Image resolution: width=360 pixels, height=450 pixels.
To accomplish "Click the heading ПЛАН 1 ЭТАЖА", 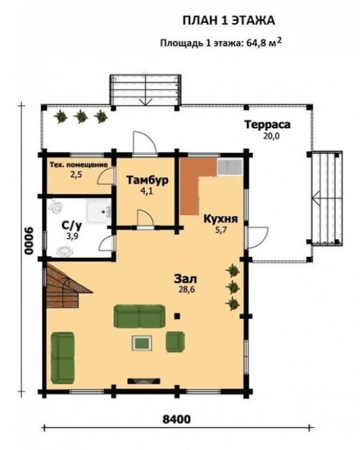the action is point(229,21).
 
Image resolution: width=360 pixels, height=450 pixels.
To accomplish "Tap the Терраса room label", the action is point(267,125).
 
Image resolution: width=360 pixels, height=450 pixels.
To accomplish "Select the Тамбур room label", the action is point(148,181).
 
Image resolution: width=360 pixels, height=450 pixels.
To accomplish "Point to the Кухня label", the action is point(221,219).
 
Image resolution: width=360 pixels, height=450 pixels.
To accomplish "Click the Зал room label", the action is point(186,279).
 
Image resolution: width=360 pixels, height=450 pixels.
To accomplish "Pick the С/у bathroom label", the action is point(72,226).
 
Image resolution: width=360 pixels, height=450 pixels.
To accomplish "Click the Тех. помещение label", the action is point(78,165).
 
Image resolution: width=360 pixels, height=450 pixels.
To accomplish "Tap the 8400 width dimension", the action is point(176,419).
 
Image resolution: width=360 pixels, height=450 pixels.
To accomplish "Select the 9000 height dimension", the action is point(28,241).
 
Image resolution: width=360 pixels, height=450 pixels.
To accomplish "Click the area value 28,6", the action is point(186,289).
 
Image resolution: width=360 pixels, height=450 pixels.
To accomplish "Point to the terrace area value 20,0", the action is point(271,136).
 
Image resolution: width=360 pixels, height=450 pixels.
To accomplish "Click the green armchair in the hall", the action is point(175,341).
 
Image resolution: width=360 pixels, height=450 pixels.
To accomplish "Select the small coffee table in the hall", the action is point(142,343).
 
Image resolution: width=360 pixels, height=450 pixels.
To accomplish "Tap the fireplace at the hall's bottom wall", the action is point(144,381).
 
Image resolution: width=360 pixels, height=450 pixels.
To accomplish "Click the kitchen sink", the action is point(230,167).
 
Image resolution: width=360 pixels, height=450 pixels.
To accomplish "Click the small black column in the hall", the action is point(177,316).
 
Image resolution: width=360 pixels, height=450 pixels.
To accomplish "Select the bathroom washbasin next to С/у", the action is point(99,212).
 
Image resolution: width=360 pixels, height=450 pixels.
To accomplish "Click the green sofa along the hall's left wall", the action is point(63,358).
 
